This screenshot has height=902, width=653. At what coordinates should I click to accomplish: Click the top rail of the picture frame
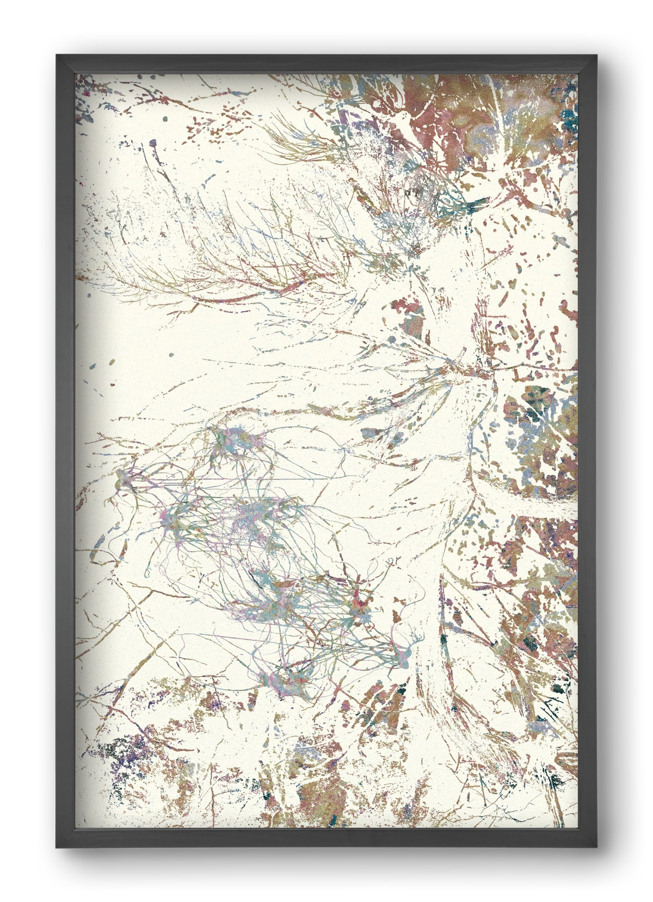coord(326,64)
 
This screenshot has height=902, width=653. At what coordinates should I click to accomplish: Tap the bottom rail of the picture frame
coord(326,838)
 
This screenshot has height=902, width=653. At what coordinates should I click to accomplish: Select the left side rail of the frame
coord(65,452)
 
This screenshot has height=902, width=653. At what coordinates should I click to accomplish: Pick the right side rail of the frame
coord(587,452)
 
